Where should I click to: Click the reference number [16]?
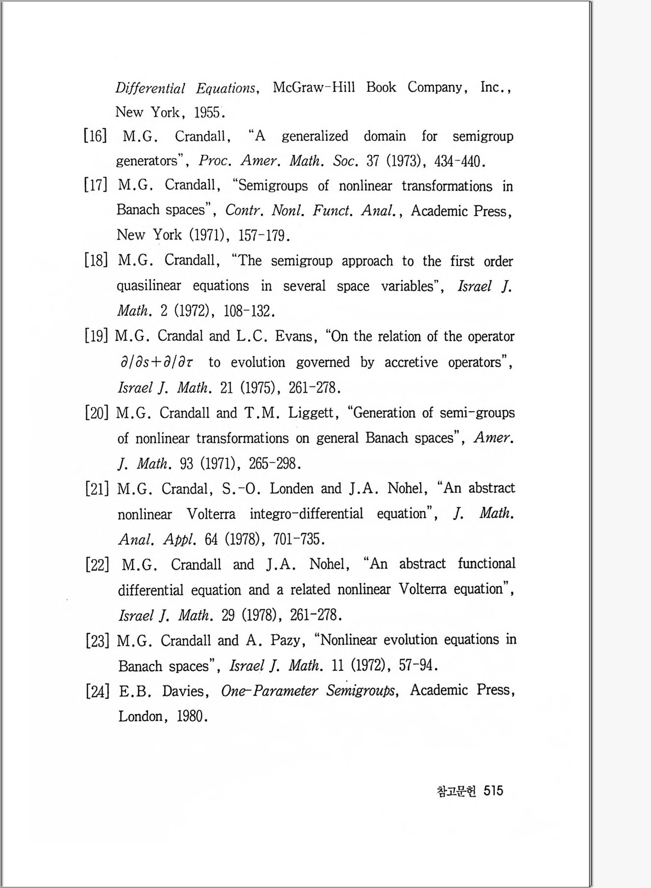point(95,136)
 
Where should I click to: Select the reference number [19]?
point(96,336)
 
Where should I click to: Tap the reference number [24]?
point(97,691)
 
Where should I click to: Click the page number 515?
point(493,791)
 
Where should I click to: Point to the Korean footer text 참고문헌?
point(456,791)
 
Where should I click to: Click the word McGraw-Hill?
point(313,88)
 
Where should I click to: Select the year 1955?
point(207,113)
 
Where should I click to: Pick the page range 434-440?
point(459,161)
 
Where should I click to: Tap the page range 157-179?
point(263,236)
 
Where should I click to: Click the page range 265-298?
point(274,464)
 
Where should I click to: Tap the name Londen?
point(291,489)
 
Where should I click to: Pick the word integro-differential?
point(306,514)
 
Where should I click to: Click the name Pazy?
point(285,641)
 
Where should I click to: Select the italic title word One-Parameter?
point(269,691)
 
